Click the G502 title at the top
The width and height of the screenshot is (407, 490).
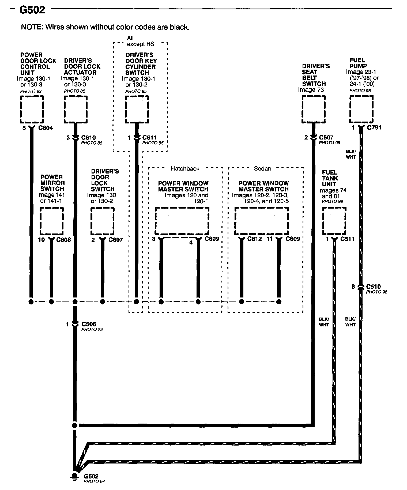[32, 10]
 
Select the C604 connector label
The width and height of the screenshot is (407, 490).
[46, 128]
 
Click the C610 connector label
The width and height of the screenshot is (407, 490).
[89, 138]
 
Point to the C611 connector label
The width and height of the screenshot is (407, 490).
[149, 138]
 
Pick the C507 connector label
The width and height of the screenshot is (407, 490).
[326, 137]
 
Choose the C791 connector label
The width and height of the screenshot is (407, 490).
[374, 127]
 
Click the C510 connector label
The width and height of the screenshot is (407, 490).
[373, 287]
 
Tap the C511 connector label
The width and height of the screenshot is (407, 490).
[347, 239]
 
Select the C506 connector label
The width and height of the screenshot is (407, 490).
[89, 324]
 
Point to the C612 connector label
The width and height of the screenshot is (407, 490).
[254, 239]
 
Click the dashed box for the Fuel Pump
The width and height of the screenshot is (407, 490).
[361, 109]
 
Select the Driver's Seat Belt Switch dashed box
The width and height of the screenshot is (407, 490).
[314, 109]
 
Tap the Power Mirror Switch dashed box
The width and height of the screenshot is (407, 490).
[52, 221]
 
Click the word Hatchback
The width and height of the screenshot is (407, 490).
[185, 168]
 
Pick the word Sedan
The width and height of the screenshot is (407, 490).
[262, 168]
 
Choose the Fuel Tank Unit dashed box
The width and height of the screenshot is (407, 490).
[334, 221]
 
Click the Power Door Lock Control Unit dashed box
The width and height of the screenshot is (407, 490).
[32, 109]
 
